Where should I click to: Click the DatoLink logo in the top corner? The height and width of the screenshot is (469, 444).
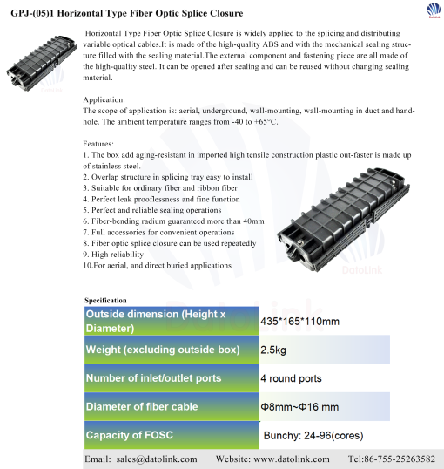tap(434, 10)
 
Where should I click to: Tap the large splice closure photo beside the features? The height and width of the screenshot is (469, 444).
tap(343, 220)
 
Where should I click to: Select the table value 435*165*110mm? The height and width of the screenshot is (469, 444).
tap(299, 322)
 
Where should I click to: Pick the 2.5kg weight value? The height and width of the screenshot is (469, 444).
tap(273, 350)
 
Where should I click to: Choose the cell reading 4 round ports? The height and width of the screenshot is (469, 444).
tap(291, 378)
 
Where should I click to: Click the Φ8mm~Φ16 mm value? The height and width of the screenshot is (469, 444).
tap(299, 407)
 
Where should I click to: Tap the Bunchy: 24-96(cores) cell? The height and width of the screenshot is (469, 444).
tap(313, 436)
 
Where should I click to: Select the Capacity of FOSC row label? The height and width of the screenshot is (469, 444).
tap(130, 435)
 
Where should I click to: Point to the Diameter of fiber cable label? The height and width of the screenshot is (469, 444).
tap(142, 406)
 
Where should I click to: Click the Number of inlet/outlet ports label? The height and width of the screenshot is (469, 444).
tap(153, 378)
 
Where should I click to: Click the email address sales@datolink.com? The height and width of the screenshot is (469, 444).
tap(157, 459)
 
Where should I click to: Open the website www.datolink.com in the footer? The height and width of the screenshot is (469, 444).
tap(292, 459)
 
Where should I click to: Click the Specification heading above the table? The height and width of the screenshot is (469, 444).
tap(105, 300)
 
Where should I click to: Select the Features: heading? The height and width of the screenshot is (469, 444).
tap(98, 144)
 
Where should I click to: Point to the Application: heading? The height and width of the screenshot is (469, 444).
tap(104, 100)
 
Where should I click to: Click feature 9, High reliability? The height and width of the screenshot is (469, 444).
tap(113, 255)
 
